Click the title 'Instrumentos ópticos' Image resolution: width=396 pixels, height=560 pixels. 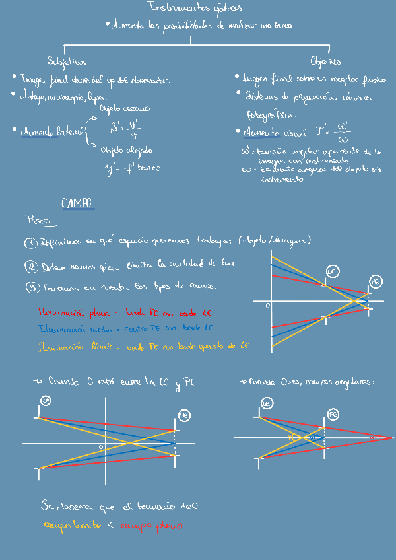tap(195, 8)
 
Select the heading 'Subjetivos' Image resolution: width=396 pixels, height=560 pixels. tap(67, 62)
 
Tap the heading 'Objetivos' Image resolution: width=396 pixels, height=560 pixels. tap(325, 61)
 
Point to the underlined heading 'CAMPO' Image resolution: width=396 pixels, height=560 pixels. tap(77, 203)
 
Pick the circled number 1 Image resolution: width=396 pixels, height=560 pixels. tap(31, 243)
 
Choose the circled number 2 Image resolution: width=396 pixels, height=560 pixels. tap(31, 267)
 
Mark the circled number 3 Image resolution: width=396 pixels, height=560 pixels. tap(31, 287)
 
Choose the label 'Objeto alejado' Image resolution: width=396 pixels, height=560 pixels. tap(127, 150)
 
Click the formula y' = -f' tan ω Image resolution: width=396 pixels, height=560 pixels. tap(132, 168)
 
